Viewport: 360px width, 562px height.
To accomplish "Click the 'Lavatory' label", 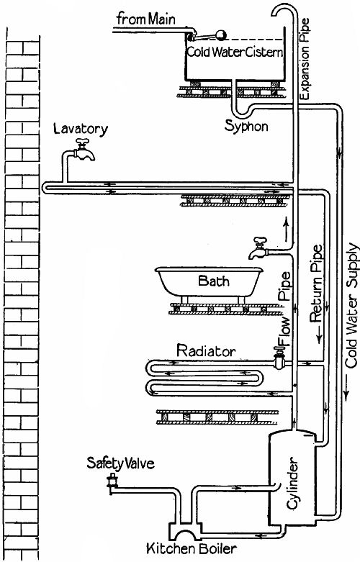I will (80, 130).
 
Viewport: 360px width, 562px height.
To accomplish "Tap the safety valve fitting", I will (112, 483).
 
